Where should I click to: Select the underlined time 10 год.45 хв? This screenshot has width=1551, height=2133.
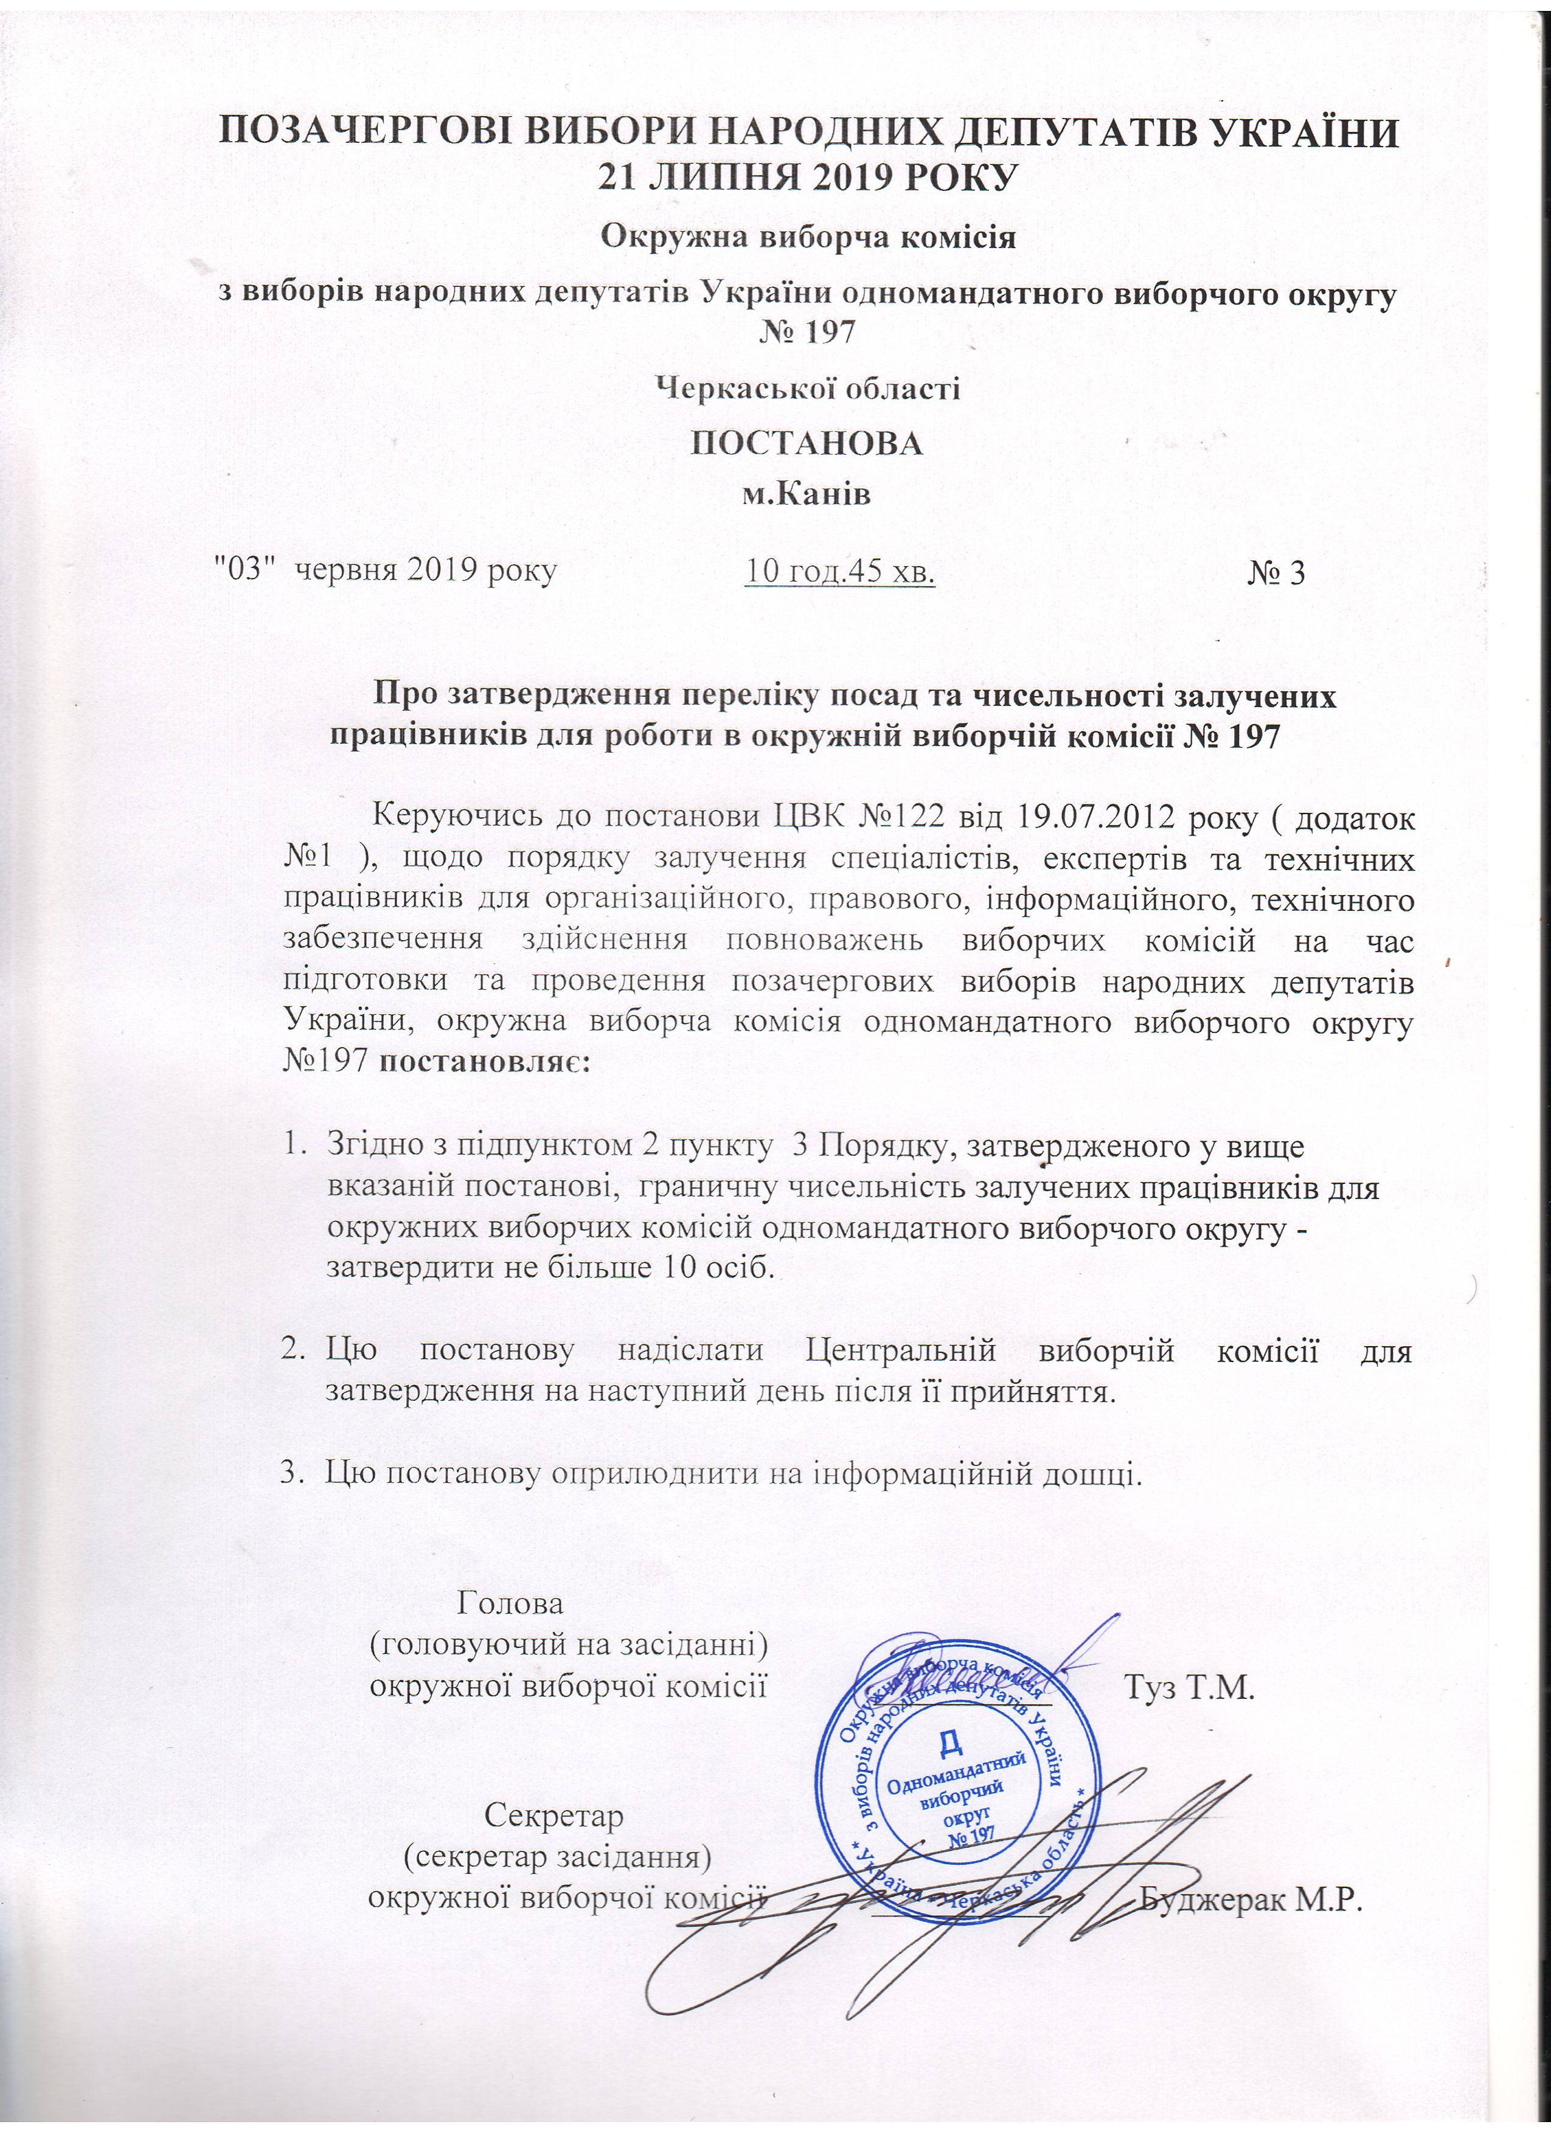click(840, 571)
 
